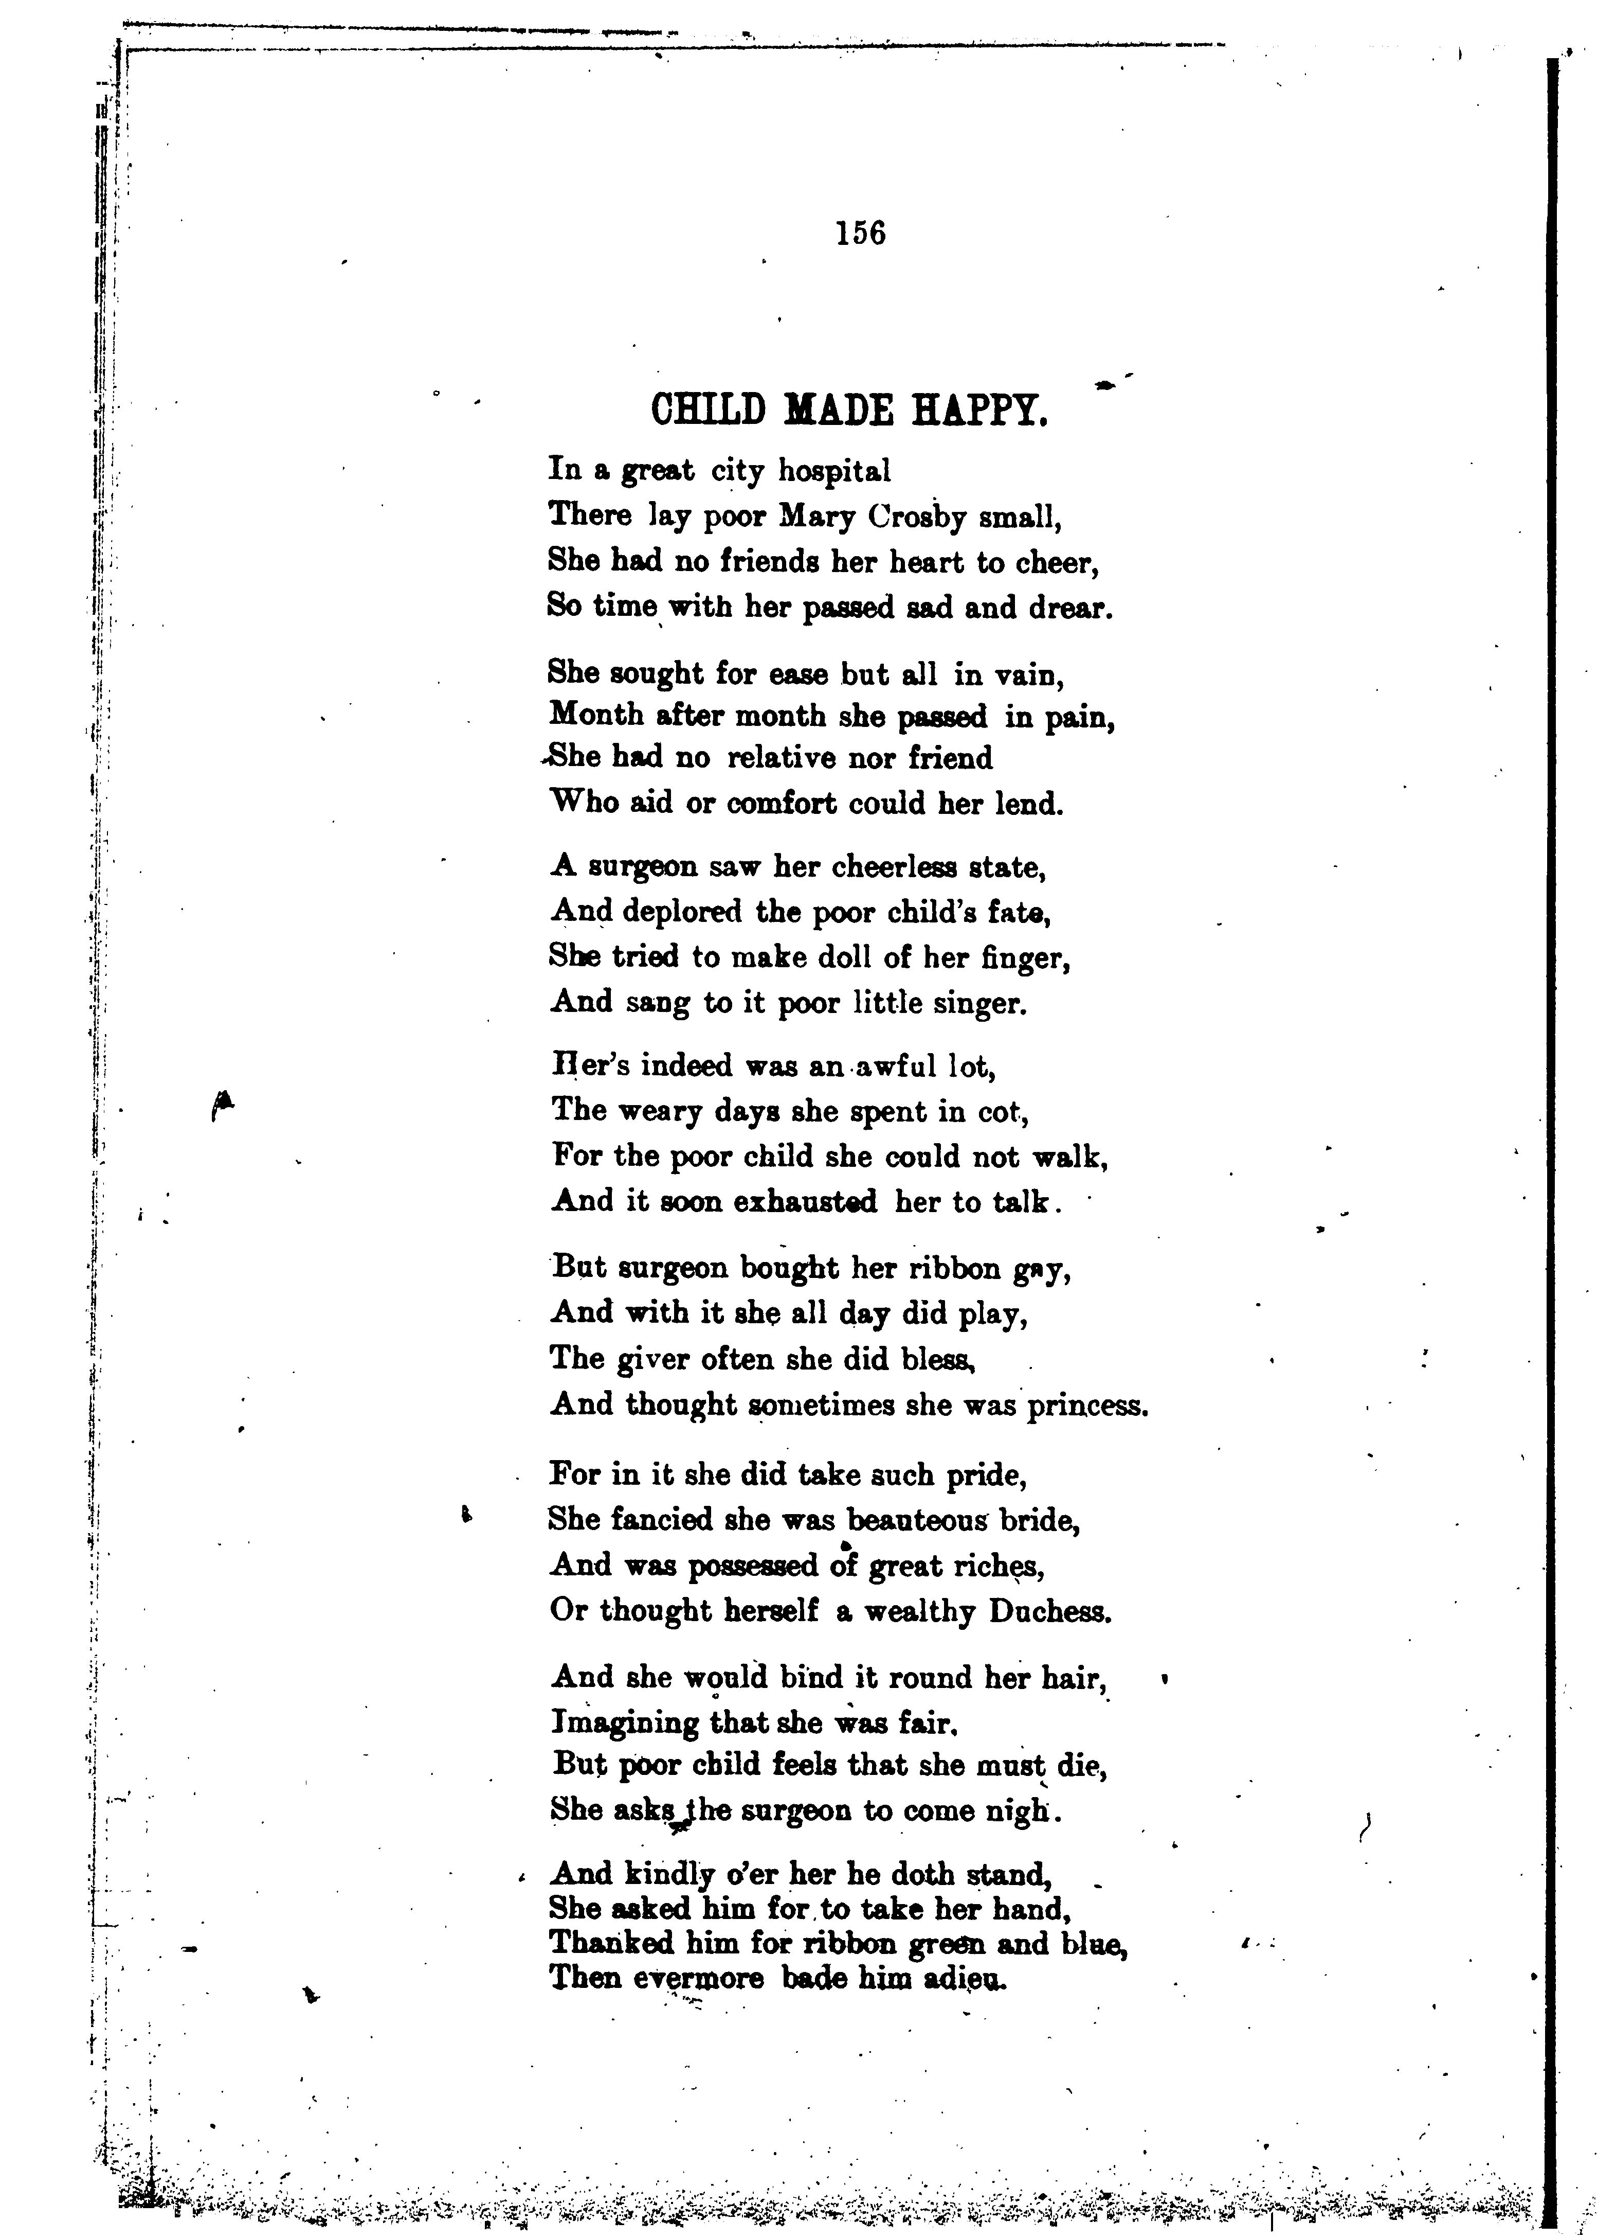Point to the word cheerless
click(x=896, y=867)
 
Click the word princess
click(x=1086, y=1406)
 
